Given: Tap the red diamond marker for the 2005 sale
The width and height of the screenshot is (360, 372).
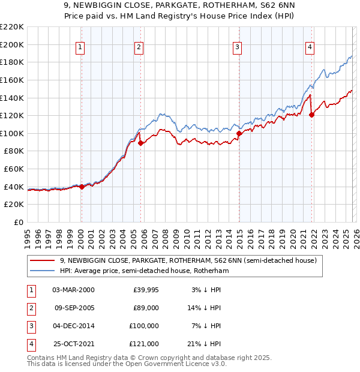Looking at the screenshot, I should pos(140,143).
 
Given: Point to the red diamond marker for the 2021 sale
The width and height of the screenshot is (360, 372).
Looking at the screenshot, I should pos(311,115).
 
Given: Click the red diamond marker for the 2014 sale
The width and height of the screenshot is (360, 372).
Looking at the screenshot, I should pos(239,133).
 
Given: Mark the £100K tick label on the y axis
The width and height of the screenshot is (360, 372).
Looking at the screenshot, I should pos(12,133).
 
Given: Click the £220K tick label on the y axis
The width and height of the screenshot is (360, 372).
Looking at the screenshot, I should pos(12,26).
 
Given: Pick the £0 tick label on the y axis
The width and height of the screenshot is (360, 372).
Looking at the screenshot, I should pos(19,222).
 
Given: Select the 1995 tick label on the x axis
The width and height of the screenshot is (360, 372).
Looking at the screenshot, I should pos(28,235).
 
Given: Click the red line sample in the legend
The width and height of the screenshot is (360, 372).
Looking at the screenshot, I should pos(43,261).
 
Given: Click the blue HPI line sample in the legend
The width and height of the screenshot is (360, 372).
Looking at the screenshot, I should pos(43,271).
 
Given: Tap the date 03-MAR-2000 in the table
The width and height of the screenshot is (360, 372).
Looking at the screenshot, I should pos(73,290).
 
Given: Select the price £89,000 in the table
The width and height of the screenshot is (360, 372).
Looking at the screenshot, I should pos(146,308).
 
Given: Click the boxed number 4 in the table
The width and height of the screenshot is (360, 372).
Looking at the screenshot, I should pos(29,344).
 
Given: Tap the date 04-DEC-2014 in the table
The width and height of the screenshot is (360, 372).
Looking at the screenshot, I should pos(73,326).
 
